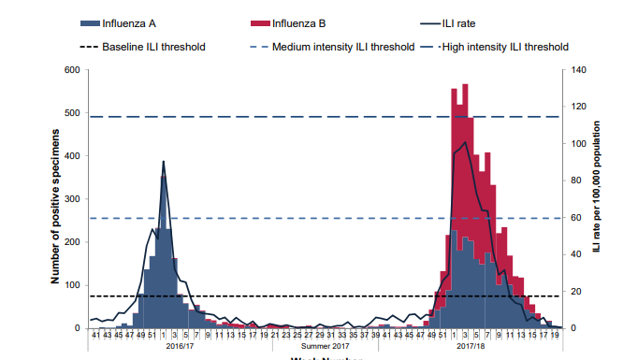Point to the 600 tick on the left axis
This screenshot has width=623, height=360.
[72, 70]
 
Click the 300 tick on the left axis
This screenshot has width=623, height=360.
[72, 199]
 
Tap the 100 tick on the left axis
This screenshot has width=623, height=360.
[72, 285]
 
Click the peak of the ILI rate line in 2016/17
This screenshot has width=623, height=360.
[164, 161]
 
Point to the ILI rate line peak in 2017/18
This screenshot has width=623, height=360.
[465, 142]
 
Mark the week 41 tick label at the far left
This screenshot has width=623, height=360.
[94, 335]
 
